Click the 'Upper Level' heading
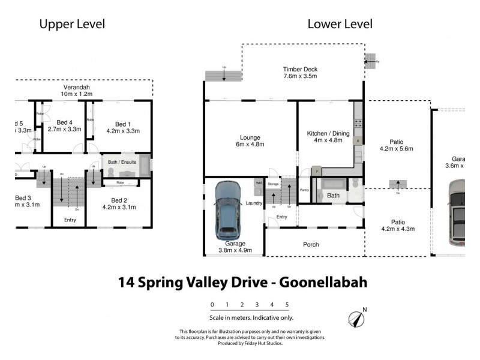point(72,25)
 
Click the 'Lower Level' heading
point(340,25)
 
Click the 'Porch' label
point(311,245)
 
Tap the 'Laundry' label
point(253,203)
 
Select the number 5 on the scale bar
point(287,305)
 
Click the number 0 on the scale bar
point(212,305)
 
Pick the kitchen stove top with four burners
point(358,124)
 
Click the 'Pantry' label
point(304,190)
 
